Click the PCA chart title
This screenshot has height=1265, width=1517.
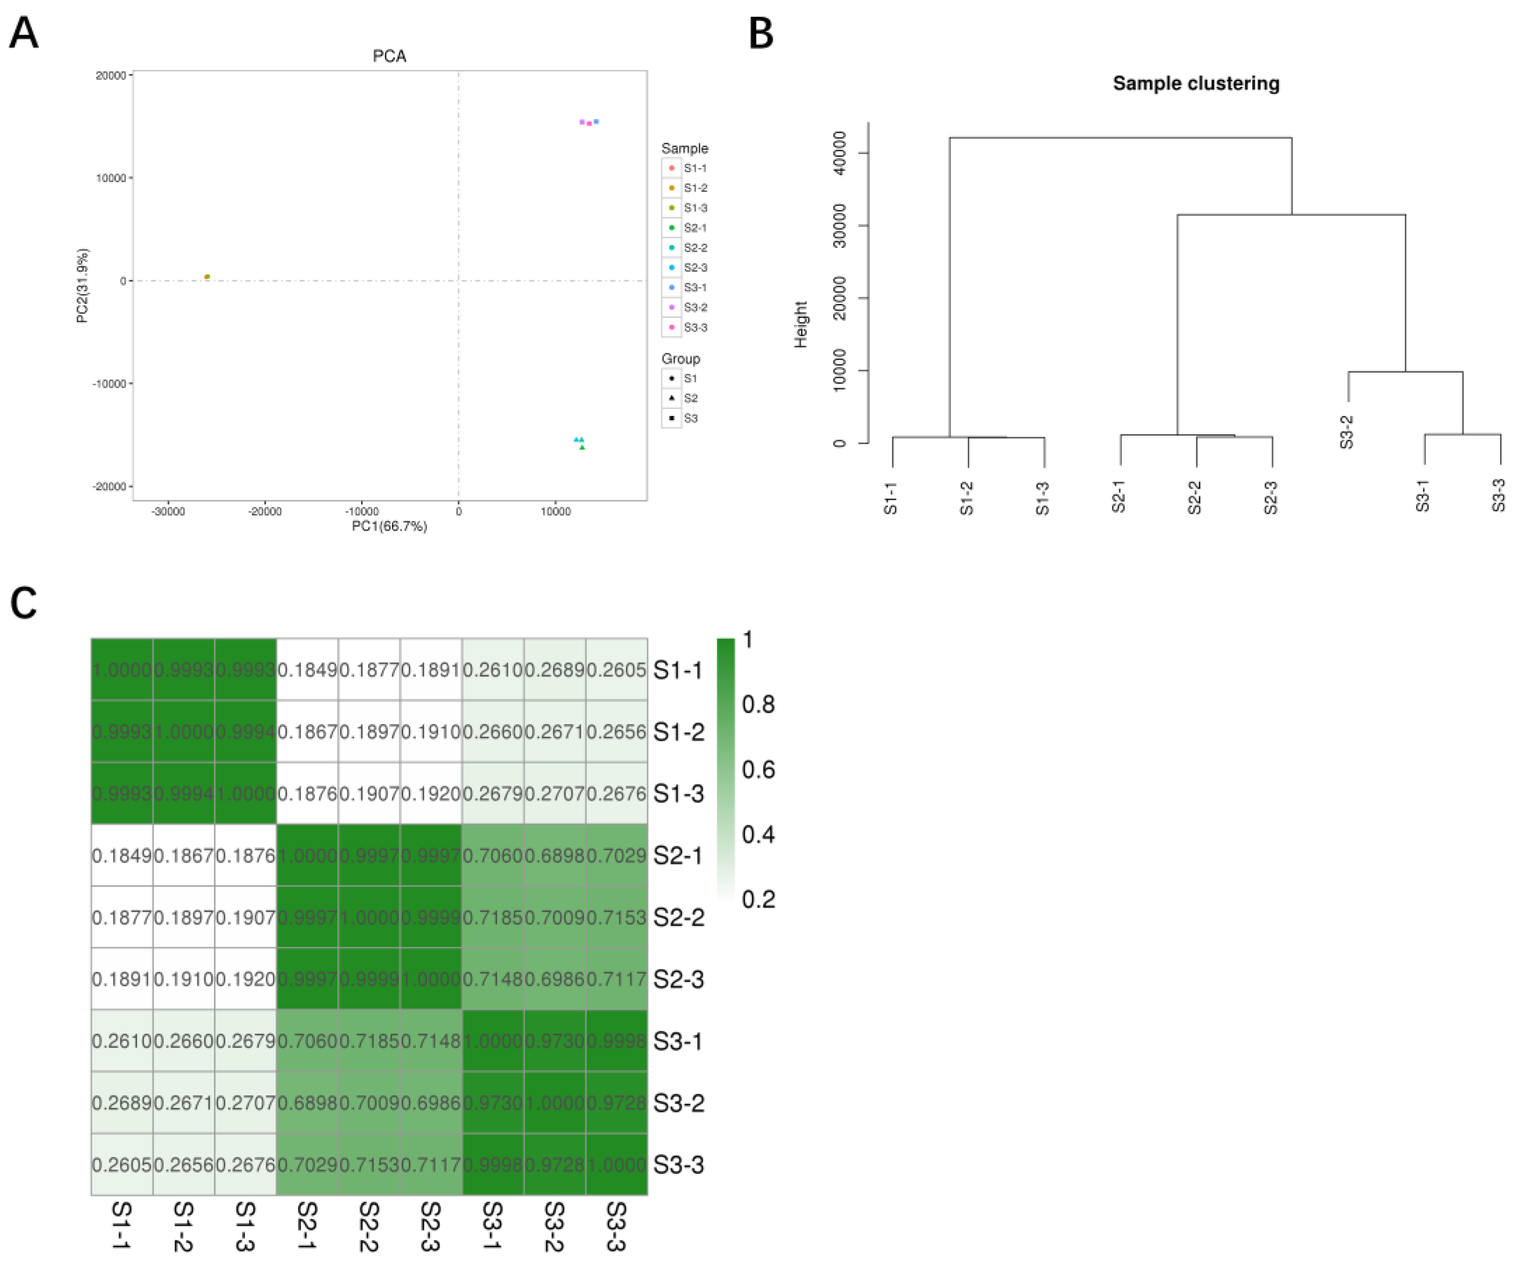click(389, 56)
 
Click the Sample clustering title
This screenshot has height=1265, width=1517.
click(1195, 84)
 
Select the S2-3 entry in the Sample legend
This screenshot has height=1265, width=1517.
click(695, 268)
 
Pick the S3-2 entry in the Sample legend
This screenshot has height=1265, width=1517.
click(695, 308)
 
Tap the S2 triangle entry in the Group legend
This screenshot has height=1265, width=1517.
click(690, 399)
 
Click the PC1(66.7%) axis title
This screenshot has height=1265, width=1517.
click(389, 527)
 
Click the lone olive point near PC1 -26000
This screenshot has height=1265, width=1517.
click(207, 277)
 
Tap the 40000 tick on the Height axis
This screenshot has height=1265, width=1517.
click(839, 153)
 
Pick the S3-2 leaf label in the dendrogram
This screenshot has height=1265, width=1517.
click(1347, 432)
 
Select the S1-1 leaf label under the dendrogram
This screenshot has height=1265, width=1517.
click(891, 499)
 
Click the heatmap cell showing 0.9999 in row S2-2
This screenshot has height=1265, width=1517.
click(431, 918)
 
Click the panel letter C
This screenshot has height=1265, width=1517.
click(23, 603)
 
